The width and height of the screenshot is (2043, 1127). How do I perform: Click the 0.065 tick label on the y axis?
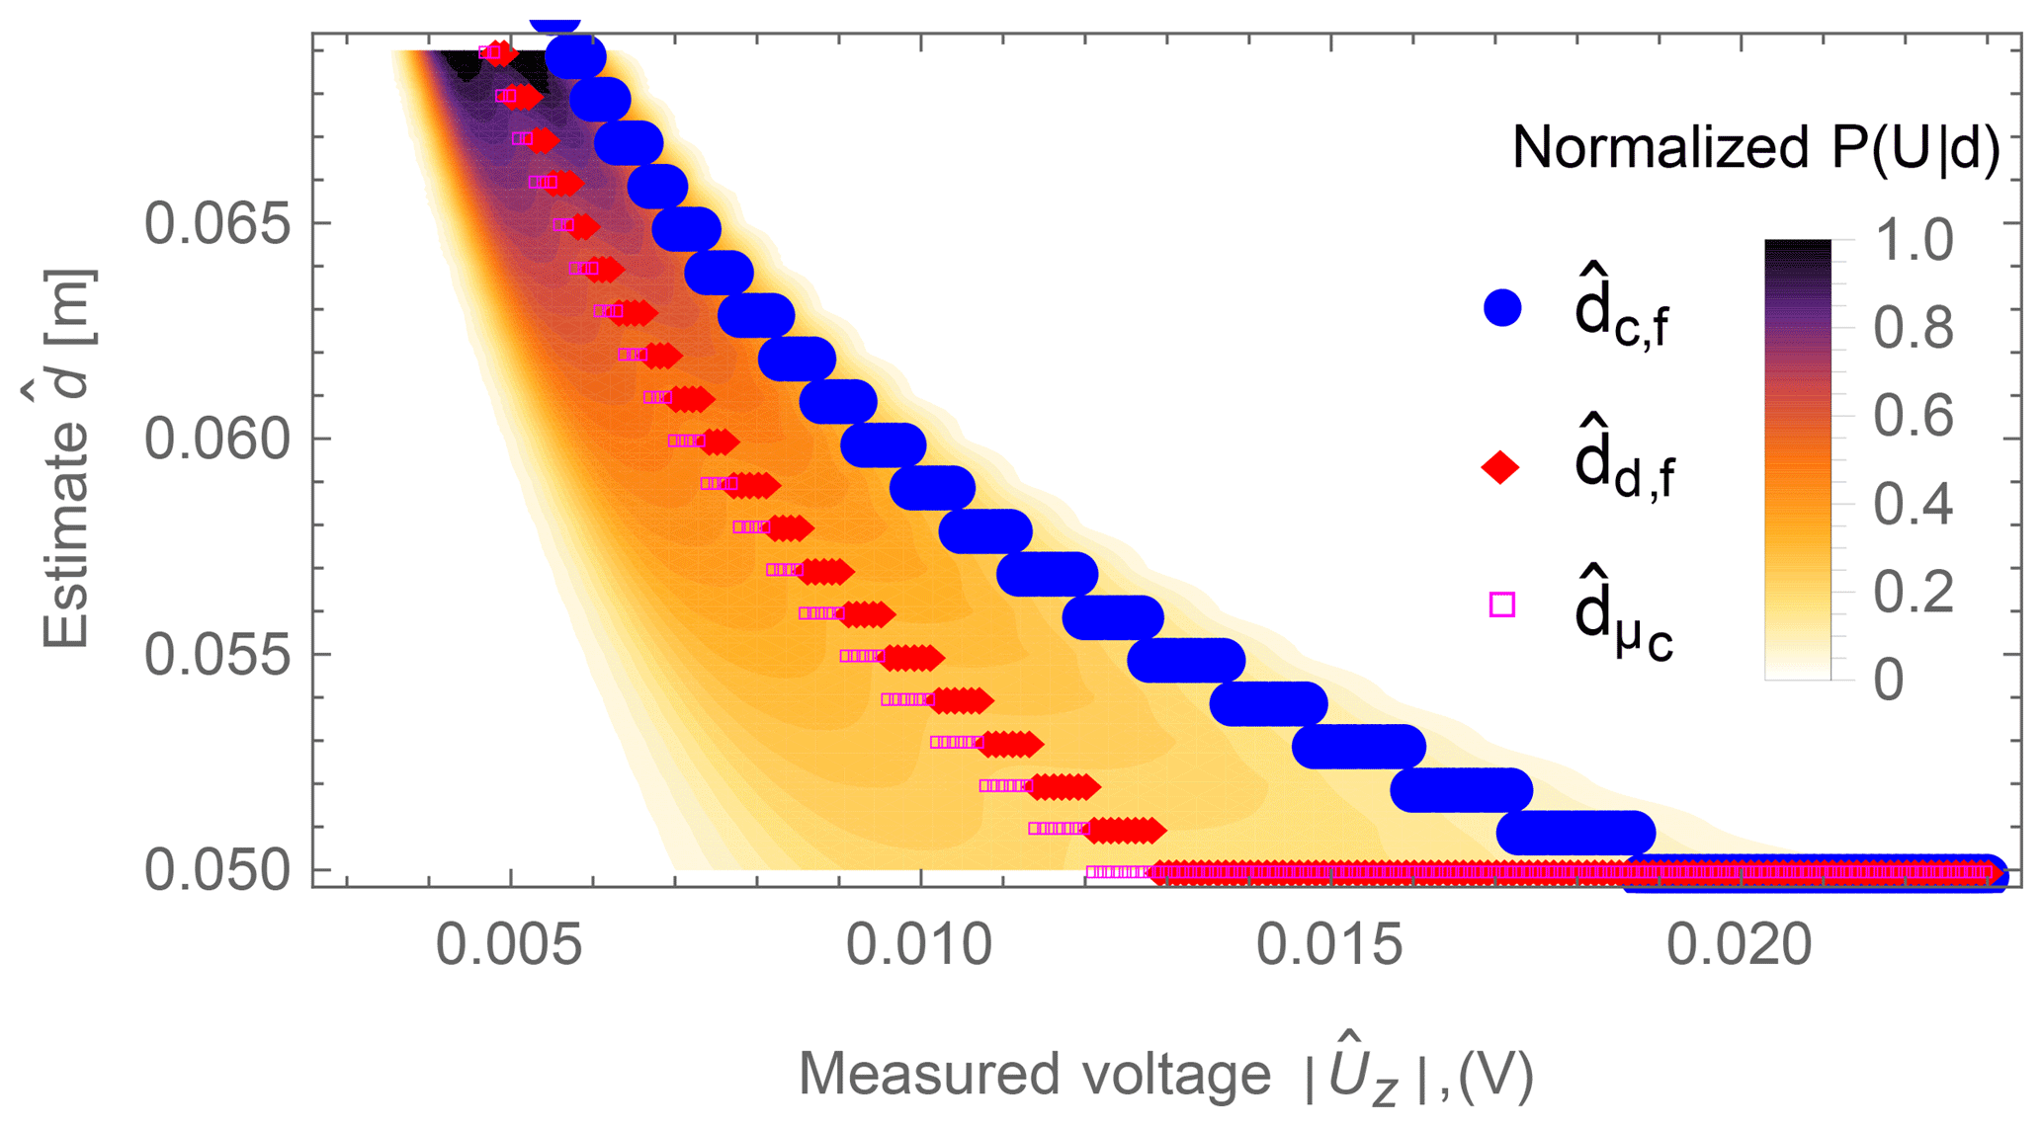pyautogui.click(x=217, y=225)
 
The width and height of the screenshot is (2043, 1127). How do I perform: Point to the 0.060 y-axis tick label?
pyautogui.click(x=217, y=440)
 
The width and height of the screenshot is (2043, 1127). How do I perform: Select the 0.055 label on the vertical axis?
pyautogui.click(x=217, y=656)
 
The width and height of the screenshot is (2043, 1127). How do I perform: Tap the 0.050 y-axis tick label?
pyautogui.click(x=217, y=871)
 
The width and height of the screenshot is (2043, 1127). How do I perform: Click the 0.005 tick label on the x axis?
pyautogui.click(x=508, y=945)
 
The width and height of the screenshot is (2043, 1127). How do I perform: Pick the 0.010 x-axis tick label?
pyautogui.click(x=919, y=945)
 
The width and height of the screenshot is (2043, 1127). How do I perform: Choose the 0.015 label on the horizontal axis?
pyautogui.click(x=1329, y=945)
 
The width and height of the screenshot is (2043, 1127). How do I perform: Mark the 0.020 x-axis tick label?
pyautogui.click(x=1740, y=945)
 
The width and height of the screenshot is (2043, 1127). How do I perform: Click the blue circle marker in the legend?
pyautogui.click(x=1501, y=308)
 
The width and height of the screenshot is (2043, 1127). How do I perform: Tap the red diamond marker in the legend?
pyautogui.click(x=1500, y=467)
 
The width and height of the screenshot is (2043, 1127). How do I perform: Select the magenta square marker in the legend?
pyautogui.click(x=1501, y=604)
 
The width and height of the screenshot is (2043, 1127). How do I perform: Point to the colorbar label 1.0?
pyautogui.click(x=1914, y=240)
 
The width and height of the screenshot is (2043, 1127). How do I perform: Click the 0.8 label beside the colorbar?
pyautogui.click(x=1914, y=328)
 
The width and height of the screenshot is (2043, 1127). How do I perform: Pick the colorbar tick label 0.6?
pyautogui.click(x=1914, y=416)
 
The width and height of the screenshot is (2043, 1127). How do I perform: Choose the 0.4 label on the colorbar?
pyautogui.click(x=1914, y=504)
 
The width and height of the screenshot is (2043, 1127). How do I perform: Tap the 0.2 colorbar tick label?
pyautogui.click(x=1914, y=593)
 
